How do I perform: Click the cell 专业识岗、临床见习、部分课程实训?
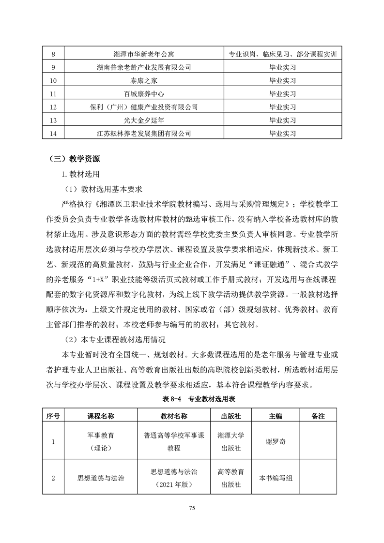coord(282,54)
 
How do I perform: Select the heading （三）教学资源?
coord(75,158)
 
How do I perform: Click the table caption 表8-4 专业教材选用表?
coord(192,400)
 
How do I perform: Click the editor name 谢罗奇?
coord(276,442)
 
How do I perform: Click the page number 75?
coord(192,508)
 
